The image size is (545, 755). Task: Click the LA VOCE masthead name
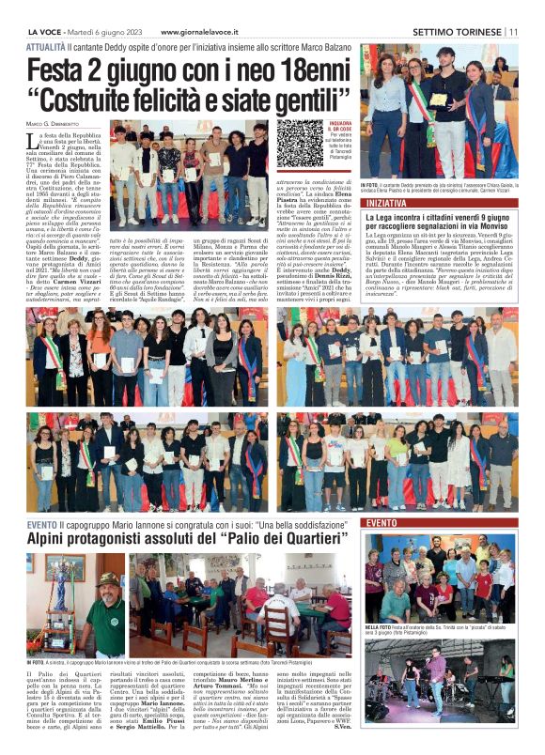49,31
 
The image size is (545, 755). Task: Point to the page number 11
514,31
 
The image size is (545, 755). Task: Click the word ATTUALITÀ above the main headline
46,46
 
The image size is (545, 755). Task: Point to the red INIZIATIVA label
387,202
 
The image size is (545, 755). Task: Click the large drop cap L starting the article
34,143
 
